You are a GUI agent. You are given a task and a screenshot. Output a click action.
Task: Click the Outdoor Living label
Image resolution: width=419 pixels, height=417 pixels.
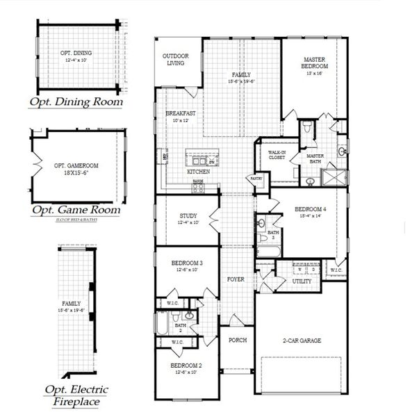[174, 59]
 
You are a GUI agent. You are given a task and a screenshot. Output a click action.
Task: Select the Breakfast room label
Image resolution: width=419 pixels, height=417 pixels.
[180, 113]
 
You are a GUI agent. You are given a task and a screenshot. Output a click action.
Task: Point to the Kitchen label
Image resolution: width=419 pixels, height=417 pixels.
[199, 171]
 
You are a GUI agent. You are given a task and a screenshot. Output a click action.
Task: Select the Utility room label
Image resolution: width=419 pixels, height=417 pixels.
[302, 281]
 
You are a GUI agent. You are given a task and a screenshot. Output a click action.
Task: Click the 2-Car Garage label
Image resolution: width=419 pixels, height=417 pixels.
[306, 340]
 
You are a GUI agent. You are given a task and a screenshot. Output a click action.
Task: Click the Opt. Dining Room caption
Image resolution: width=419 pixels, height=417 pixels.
[76, 102]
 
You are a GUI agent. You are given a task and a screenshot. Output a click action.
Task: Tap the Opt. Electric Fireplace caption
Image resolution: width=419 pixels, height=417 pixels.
[76, 395]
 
